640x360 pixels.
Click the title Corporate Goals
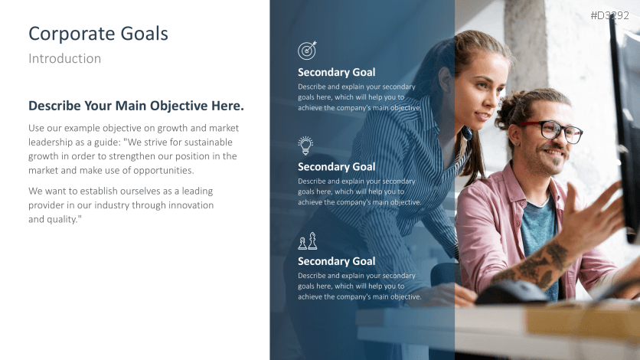[x=98, y=34]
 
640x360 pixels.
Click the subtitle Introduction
[x=64, y=58]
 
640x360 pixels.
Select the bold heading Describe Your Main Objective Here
[x=136, y=106]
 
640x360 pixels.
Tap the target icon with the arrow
[x=307, y=51]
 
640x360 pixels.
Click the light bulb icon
[x=306, y=146]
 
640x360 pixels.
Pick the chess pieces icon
[x=307, y=241]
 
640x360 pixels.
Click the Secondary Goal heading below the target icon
[x=336, y=73]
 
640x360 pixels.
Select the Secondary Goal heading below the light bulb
[x=336, y=167]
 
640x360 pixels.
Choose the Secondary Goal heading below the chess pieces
[x=336, y=261]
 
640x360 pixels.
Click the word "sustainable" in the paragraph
[x=207, y=142]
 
